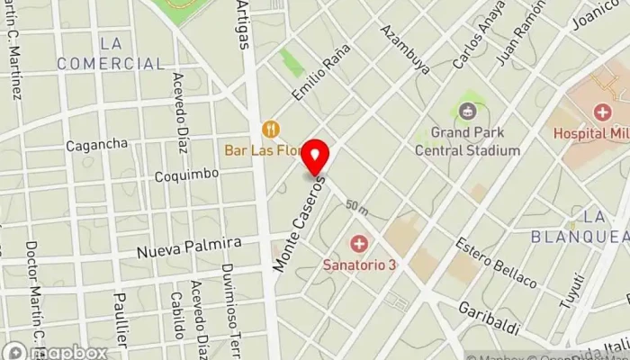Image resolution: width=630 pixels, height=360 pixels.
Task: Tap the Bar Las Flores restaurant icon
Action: pos(268,128)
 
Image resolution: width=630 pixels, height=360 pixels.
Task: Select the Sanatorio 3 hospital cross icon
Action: pos(359,244)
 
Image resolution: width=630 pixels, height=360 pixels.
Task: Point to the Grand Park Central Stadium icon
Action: pos(467,112)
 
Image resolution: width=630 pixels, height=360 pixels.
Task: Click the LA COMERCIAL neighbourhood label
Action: pos(111,53)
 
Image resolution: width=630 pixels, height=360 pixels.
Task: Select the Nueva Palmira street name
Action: pos(189,245)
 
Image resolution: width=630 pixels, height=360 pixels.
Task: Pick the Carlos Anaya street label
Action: pos(473,40)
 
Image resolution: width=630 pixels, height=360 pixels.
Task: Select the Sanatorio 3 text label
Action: pos(360,265)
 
